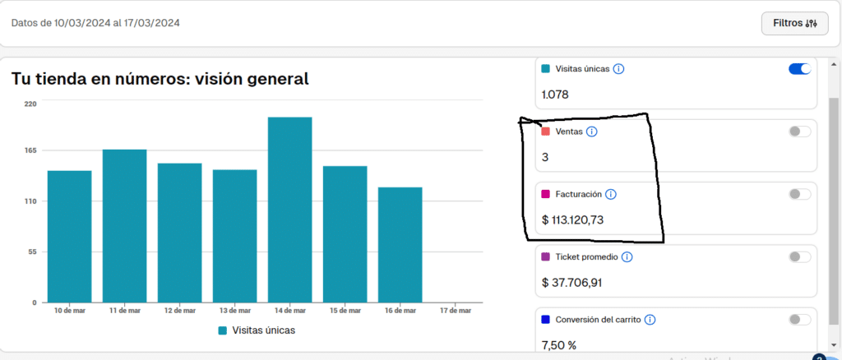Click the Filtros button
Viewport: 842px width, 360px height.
[795, 23]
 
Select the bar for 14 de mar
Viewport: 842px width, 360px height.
[290, 210]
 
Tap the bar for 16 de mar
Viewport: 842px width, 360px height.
[400, 245]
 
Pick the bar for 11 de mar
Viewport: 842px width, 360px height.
[125, 226]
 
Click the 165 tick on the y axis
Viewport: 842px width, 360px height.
[30, 150]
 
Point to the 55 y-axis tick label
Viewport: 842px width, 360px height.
[32, 252]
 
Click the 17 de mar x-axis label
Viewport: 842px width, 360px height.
[456, 311]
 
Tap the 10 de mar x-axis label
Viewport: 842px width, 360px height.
[69, 311]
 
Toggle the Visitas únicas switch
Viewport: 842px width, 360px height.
[799, 69]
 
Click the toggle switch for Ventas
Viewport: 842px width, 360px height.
[799, 132]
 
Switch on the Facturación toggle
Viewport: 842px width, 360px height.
[799, 194]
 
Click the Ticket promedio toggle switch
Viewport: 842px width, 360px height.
[799, 257]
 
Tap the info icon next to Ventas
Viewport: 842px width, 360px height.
[592, 132]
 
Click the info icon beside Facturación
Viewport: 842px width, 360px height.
[611, 194]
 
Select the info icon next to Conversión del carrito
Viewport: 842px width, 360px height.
[650, 320]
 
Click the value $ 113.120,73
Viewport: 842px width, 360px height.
[573, 220]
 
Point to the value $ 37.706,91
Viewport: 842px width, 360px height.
[572, 283]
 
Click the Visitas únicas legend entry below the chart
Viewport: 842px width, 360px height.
[257, 330]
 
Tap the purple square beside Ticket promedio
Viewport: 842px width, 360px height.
[546, 257]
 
